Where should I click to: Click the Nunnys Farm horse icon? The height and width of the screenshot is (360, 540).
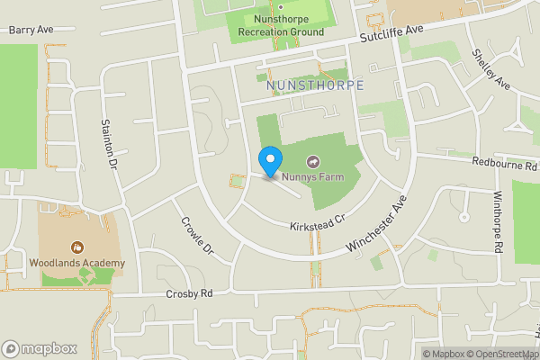(313, 162)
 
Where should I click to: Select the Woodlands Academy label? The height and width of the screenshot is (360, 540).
(76, 263)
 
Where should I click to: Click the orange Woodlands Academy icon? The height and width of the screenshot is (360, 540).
(77, 247)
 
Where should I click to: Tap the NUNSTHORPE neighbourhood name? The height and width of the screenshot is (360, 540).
(315, 85)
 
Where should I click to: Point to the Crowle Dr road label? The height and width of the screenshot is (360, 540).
(195, 235)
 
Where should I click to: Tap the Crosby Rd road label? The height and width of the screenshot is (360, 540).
(189, 294)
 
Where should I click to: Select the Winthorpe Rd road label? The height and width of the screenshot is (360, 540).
(497, 220)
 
